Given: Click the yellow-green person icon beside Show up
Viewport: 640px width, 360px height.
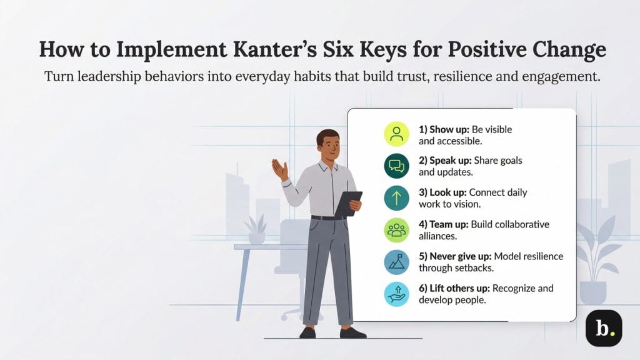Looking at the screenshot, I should coord(396,133).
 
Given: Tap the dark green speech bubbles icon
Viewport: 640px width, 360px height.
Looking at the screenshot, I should coord(396,165).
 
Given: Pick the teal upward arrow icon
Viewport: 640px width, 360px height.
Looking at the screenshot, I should coord(396,197).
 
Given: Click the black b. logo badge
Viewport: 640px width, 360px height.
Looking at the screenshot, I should coord(603,327).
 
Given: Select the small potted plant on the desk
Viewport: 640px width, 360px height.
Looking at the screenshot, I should coord(257,229).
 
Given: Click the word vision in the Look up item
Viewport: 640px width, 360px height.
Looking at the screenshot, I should coord(478,203).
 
